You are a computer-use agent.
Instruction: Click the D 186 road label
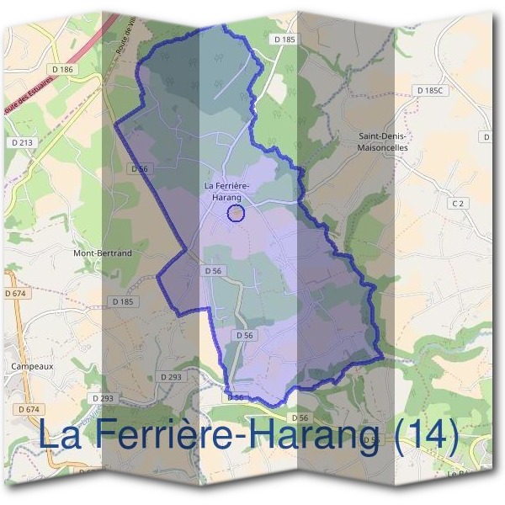pos(63,68)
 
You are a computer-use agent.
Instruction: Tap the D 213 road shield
pos(23,142)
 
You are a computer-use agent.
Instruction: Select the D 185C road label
pos(431,88)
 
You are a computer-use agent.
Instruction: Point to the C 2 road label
pos(458,203)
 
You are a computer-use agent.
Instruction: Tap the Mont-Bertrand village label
pos(103,252)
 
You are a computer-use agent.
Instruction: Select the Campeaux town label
pos(33,366)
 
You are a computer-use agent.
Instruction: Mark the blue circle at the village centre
pos(237,213)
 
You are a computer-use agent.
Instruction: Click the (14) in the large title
pos(424,434)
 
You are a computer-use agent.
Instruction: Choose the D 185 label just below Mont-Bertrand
pos(123,300)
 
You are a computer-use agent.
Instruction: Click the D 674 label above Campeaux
pos(16,293)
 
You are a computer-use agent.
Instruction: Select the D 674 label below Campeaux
pos(28,409)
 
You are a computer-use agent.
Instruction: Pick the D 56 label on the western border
pos(139,168)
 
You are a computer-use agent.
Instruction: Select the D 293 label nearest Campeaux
pos(102,397)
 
